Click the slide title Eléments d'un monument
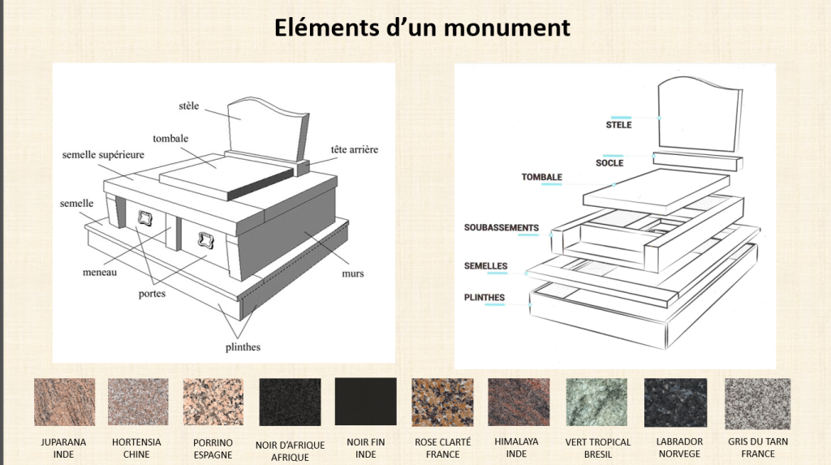[421, 28]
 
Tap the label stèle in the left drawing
[188, 105]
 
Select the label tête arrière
[354, 149]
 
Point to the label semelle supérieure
[103, 154]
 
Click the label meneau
[99, 272]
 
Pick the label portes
[152, 293]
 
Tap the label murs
[353, 273]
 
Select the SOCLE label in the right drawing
[609, 162]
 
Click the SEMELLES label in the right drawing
[485, 265]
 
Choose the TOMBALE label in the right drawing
[541, 177]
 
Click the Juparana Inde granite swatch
[64, 402]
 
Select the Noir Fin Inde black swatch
[365, 402]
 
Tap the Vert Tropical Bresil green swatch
[597, 402]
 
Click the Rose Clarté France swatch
[442, 402]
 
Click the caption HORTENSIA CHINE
[136, 448]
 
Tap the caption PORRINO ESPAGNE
[213, 448]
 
